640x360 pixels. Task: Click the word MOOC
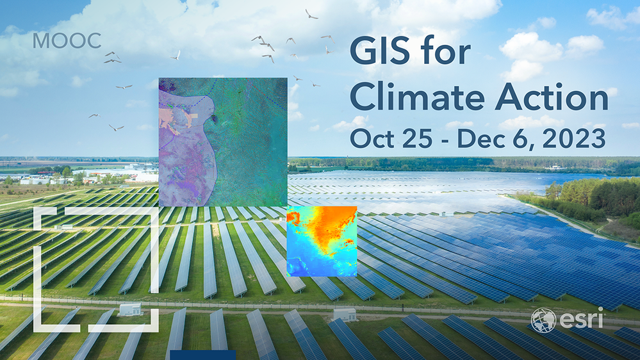point(67,41)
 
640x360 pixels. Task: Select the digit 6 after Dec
point(520,138)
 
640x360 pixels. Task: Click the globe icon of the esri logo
point(542,320)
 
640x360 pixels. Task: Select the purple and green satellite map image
point(222,142)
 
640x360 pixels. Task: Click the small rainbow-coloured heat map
point(322,241)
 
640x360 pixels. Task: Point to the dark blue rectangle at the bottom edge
point(202,355)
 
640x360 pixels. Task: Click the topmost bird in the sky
point(311,13)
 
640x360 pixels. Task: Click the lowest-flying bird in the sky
point(116,127)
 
